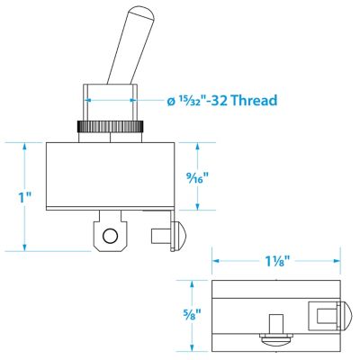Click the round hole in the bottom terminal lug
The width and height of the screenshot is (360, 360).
click(x=111, y=237)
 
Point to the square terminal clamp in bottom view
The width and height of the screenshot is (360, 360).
click(x=323, y=312)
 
